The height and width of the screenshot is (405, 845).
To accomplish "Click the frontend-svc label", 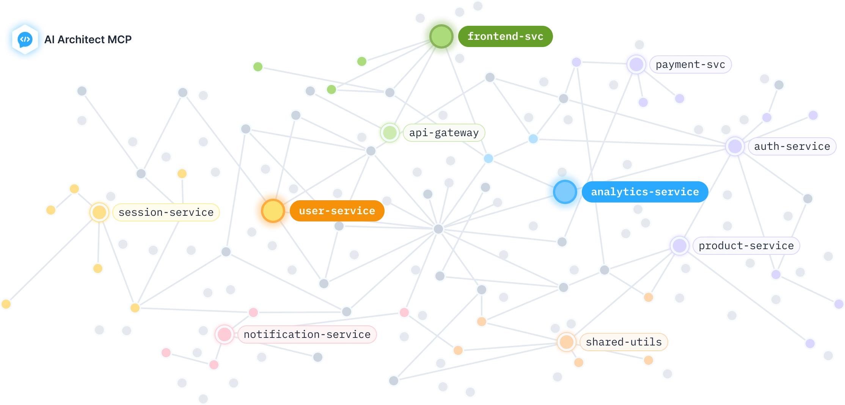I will click(x=505, y=36).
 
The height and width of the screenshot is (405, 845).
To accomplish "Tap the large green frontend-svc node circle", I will click(x=441, y=36).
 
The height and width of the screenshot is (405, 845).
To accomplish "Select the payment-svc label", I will click(x=690, y=65).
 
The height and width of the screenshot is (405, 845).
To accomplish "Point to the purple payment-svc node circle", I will click(x=636, y=64).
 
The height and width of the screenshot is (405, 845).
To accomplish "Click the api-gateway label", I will click(x=444, y=133).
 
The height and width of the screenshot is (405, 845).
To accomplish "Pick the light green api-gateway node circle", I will click(x=390, y=133).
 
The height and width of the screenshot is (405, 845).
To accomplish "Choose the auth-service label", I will click(x=792, y=146).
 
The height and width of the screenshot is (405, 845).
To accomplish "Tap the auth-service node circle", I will click(x=735, y=146).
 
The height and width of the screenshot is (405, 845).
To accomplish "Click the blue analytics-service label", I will click(x=645, y=192).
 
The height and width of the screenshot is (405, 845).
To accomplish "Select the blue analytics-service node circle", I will click(x=565, y=192).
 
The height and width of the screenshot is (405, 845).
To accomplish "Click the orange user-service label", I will click(x=337, y=211).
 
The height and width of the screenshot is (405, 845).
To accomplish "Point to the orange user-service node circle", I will click(x=272, y=211).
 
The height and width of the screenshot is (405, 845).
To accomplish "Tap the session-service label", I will click(x=166, y=212).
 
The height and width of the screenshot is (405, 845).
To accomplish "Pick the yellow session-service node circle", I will click(x=99, y=212).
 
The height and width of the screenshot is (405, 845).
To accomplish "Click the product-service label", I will click(x=746, y=246).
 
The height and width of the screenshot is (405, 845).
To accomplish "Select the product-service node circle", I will click(x=679, y=246).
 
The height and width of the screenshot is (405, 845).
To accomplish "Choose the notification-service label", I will click(x=307, y=334).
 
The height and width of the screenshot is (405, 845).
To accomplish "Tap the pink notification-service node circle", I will click(x=224, y=334).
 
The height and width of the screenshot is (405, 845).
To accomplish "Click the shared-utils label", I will click(x=624, y=342).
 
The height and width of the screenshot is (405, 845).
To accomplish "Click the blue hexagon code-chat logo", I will click(x=25, y=39).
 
